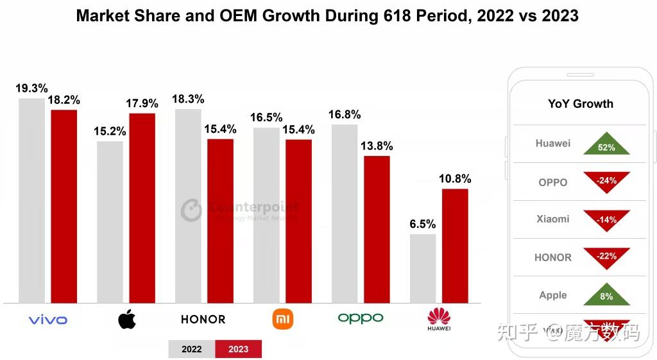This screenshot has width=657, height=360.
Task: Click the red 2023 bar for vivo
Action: point(64,206)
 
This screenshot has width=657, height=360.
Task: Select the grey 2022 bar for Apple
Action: point(110,221)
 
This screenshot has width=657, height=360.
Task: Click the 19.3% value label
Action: point(31,89)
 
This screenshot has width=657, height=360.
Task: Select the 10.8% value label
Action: point(455,179)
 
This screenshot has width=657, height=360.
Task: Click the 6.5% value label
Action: point(422,224)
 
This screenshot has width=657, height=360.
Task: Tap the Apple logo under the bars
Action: point(126,319)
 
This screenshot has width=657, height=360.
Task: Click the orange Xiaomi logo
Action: point(282,319)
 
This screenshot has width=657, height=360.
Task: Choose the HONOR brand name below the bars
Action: point(203,319)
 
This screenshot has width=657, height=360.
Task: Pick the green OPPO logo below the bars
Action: point(361,318)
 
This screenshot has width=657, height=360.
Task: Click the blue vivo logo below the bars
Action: point(48,320)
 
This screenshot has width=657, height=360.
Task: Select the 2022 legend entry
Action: point(191,349)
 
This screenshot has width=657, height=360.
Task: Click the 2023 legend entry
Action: point(238,349)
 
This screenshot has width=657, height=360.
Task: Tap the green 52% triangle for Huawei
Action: point(606,144)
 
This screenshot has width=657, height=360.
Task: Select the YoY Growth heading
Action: point(581,104)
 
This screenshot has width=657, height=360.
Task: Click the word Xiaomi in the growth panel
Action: point(553,219)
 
